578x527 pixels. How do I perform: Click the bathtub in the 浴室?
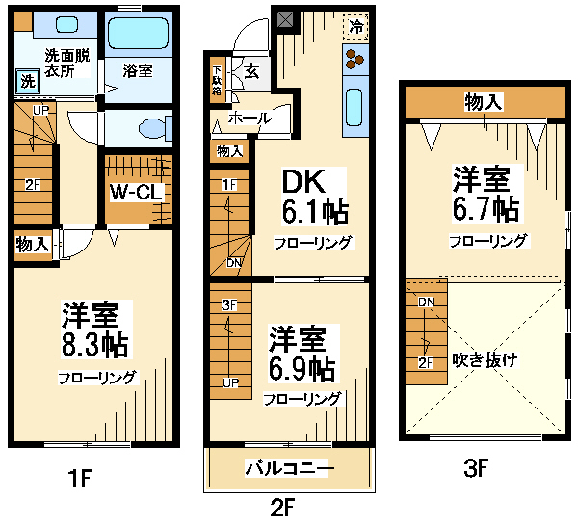point(139,34)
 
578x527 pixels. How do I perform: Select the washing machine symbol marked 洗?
point(27,81)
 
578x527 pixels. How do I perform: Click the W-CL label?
point(137,192)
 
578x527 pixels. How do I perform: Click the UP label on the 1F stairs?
point(40,110)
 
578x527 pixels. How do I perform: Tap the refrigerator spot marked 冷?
point(355,26)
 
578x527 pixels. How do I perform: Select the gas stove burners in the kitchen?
point(355,60)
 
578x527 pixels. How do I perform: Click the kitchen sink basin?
point(355,107)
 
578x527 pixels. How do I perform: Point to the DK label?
point(304,181)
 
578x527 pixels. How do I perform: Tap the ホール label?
point(250,119)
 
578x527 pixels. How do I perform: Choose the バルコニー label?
point(289,468)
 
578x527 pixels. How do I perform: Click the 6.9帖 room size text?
point(302,369)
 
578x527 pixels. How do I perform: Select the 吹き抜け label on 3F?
point(485,360)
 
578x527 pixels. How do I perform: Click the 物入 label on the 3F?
point(484,102)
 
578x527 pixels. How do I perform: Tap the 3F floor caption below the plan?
point(476,468)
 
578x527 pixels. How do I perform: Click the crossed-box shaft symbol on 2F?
point(285,19)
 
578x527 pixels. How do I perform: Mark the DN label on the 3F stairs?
point(427,303)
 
